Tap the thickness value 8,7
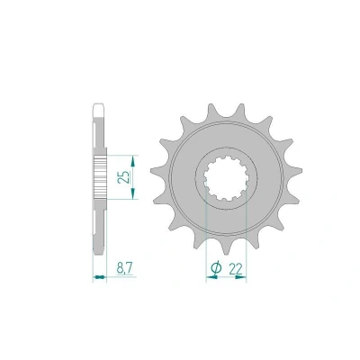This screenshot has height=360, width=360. tap(124, 267)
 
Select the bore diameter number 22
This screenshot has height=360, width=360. tap(236, 269)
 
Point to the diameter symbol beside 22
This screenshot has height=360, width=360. tap(216, 267)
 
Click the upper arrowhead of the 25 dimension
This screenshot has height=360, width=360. tap(133, 162)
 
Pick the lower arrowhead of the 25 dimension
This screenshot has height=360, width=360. tap(133, 192)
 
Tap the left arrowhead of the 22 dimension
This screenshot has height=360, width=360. tap(211, 277)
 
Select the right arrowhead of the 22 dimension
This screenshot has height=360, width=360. tap(240, 277)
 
